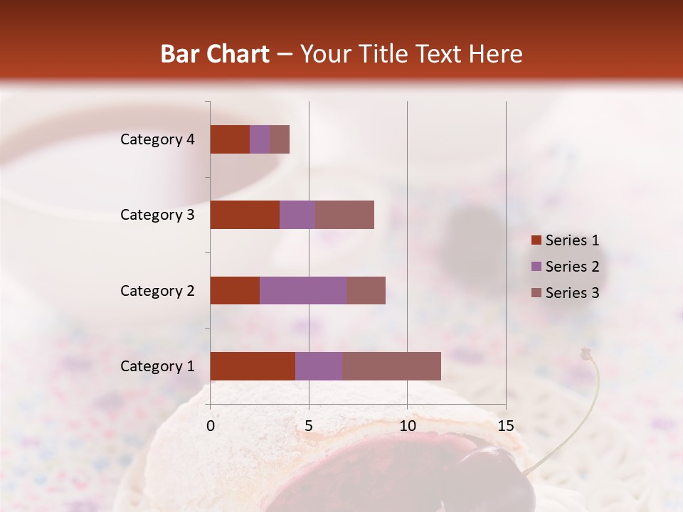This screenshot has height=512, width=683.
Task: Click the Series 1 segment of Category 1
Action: pyautogui.click(x=253, y=366)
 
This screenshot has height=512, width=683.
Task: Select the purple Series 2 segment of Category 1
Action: pyautogui.click(x=319, y=366)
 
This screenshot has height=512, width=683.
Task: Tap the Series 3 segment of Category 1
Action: pyautogui.click(x=391, y=366)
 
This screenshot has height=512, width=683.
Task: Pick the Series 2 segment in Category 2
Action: pyautogui.click(x=303, y=290)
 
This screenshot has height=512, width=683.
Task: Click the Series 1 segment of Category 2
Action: pyautogui.click(x=235, y=290)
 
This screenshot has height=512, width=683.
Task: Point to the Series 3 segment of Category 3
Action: pyautogui.click(x=344, y=215)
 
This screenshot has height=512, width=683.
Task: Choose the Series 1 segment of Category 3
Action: pyautogui.click(x=245, y=215)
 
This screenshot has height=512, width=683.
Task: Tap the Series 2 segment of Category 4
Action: pyautogui.click(x=260, y=139)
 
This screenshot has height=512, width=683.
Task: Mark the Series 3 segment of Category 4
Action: pyautogui.click(x=280, y=139)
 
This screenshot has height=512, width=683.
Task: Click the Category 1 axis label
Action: pyautogui.click(x=157, y=366)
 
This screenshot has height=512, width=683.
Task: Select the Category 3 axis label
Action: pyautogui.click(x=157, y=215)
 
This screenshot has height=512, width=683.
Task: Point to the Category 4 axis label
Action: pyautogui.click(x=157, y=139)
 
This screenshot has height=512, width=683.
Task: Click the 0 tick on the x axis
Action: pyautogui.click(x=211, y=426)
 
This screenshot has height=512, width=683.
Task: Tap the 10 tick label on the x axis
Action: pyautogui.click(x=407, y=426)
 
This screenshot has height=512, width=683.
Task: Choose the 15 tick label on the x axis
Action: pyautogui.click(x=505, y=426)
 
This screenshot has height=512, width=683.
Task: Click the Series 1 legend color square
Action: pyautogui.click(x=536, y=240)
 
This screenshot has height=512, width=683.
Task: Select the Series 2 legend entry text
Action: pyautogui.click(x=572, y=267)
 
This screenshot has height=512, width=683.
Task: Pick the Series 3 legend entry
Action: pyautogui.click(x=572, y=293)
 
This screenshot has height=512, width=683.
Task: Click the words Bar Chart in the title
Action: pyautogui.click(x=215, y=54)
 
